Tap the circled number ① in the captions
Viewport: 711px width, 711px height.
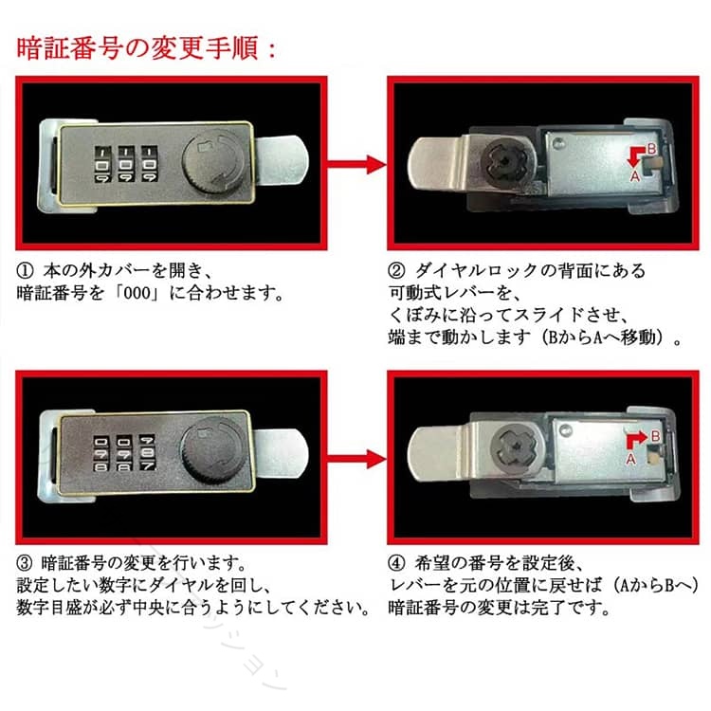coord(25,271)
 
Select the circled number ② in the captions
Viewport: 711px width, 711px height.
coord(396,271)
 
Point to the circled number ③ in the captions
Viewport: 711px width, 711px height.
coord(25,563)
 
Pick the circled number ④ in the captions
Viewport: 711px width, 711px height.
coord(396,563)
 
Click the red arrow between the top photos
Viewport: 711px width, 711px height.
coord(356,164)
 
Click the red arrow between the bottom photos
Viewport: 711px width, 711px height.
coord(356,459)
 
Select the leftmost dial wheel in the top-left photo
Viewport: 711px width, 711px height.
coord(102,164)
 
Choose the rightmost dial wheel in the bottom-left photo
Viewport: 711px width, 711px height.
coord(147,452)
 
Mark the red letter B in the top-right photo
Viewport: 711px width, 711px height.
coord(650,149)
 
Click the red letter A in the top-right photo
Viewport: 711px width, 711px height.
coord(635,176)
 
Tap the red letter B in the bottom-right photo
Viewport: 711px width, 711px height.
coord(655,436)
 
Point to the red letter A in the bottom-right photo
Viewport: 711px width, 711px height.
coord(630,460)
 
